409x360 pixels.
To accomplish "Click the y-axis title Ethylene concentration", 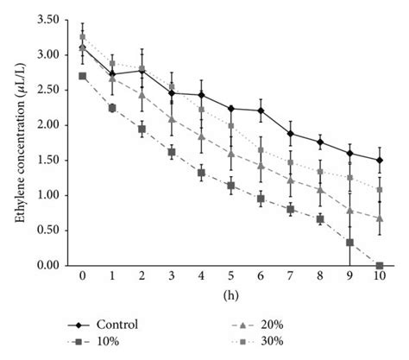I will [19, 142].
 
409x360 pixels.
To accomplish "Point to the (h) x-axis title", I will [230, 295].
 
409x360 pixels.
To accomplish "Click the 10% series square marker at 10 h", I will [379, 266].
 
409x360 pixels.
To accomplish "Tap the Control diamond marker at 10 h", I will [379, 160].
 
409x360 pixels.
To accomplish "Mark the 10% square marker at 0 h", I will [82, 76].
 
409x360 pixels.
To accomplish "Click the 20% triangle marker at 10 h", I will [379, 218].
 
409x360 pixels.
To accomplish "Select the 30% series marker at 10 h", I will [379, 189].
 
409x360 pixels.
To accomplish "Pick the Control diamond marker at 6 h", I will [261, 111].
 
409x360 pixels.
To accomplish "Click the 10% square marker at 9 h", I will [349, 243].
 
